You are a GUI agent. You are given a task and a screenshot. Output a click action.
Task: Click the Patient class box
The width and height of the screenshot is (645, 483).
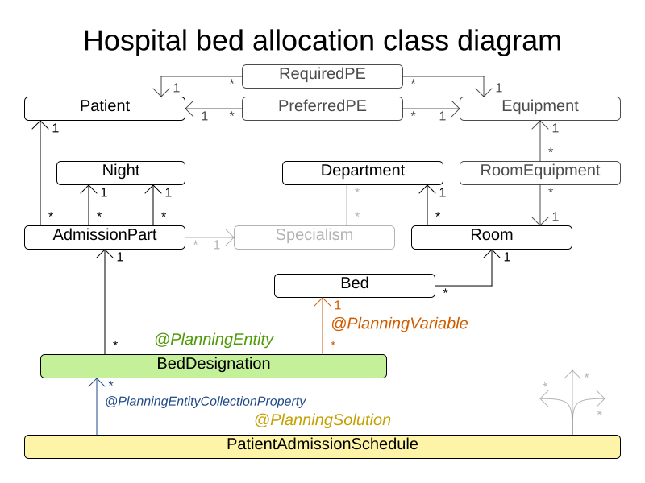pos(105,109)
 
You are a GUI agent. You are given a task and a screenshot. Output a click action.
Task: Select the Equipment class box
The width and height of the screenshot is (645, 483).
pos(539,109)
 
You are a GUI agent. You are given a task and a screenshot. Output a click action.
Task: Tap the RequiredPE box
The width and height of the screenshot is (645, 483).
pos(322,76)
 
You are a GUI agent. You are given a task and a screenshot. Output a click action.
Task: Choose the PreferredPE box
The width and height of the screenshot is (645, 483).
pos(322,109)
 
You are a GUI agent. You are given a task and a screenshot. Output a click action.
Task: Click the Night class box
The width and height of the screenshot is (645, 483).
pos(120,173)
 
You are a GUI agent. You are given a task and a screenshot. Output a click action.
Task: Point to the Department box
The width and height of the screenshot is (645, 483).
pos(362,173)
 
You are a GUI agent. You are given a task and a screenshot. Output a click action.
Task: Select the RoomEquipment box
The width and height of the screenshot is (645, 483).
pos(539,173)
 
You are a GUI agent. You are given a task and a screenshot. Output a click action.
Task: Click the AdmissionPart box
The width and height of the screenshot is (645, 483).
pos(105,237)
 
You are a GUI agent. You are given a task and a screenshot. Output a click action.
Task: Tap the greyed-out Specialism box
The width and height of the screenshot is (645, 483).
pos(314,237)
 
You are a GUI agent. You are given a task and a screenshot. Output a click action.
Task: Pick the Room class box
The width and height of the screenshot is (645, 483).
pos(491,237)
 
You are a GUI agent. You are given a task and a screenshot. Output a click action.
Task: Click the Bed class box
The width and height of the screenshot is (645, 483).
pos(354,286)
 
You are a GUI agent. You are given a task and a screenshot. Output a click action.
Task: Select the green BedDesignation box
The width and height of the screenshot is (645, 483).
pos(214,366)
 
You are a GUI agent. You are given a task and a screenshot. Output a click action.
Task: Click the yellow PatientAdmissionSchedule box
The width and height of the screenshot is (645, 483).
pos(322,447)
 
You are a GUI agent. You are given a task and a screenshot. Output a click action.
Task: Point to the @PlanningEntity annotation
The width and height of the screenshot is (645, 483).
pos(214,340)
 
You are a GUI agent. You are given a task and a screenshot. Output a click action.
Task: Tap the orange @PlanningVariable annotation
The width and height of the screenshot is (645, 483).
pos(399,324)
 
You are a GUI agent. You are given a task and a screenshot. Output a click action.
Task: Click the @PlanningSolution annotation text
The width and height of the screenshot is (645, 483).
pos(322,420)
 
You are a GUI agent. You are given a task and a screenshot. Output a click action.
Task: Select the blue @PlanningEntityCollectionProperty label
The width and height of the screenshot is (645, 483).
pos(206,401)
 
